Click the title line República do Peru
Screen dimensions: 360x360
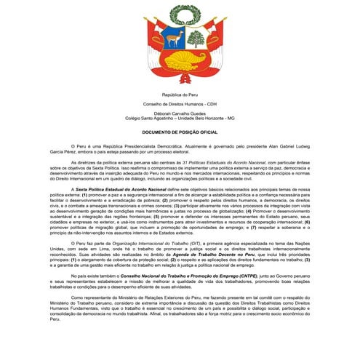click(180, 95)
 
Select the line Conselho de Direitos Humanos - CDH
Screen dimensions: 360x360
click(180, 104)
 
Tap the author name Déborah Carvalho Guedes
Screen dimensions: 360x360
click(180, 113)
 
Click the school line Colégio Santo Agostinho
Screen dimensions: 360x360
click(180, 119)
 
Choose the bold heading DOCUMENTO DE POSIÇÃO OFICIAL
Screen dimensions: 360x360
click(180, 132)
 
